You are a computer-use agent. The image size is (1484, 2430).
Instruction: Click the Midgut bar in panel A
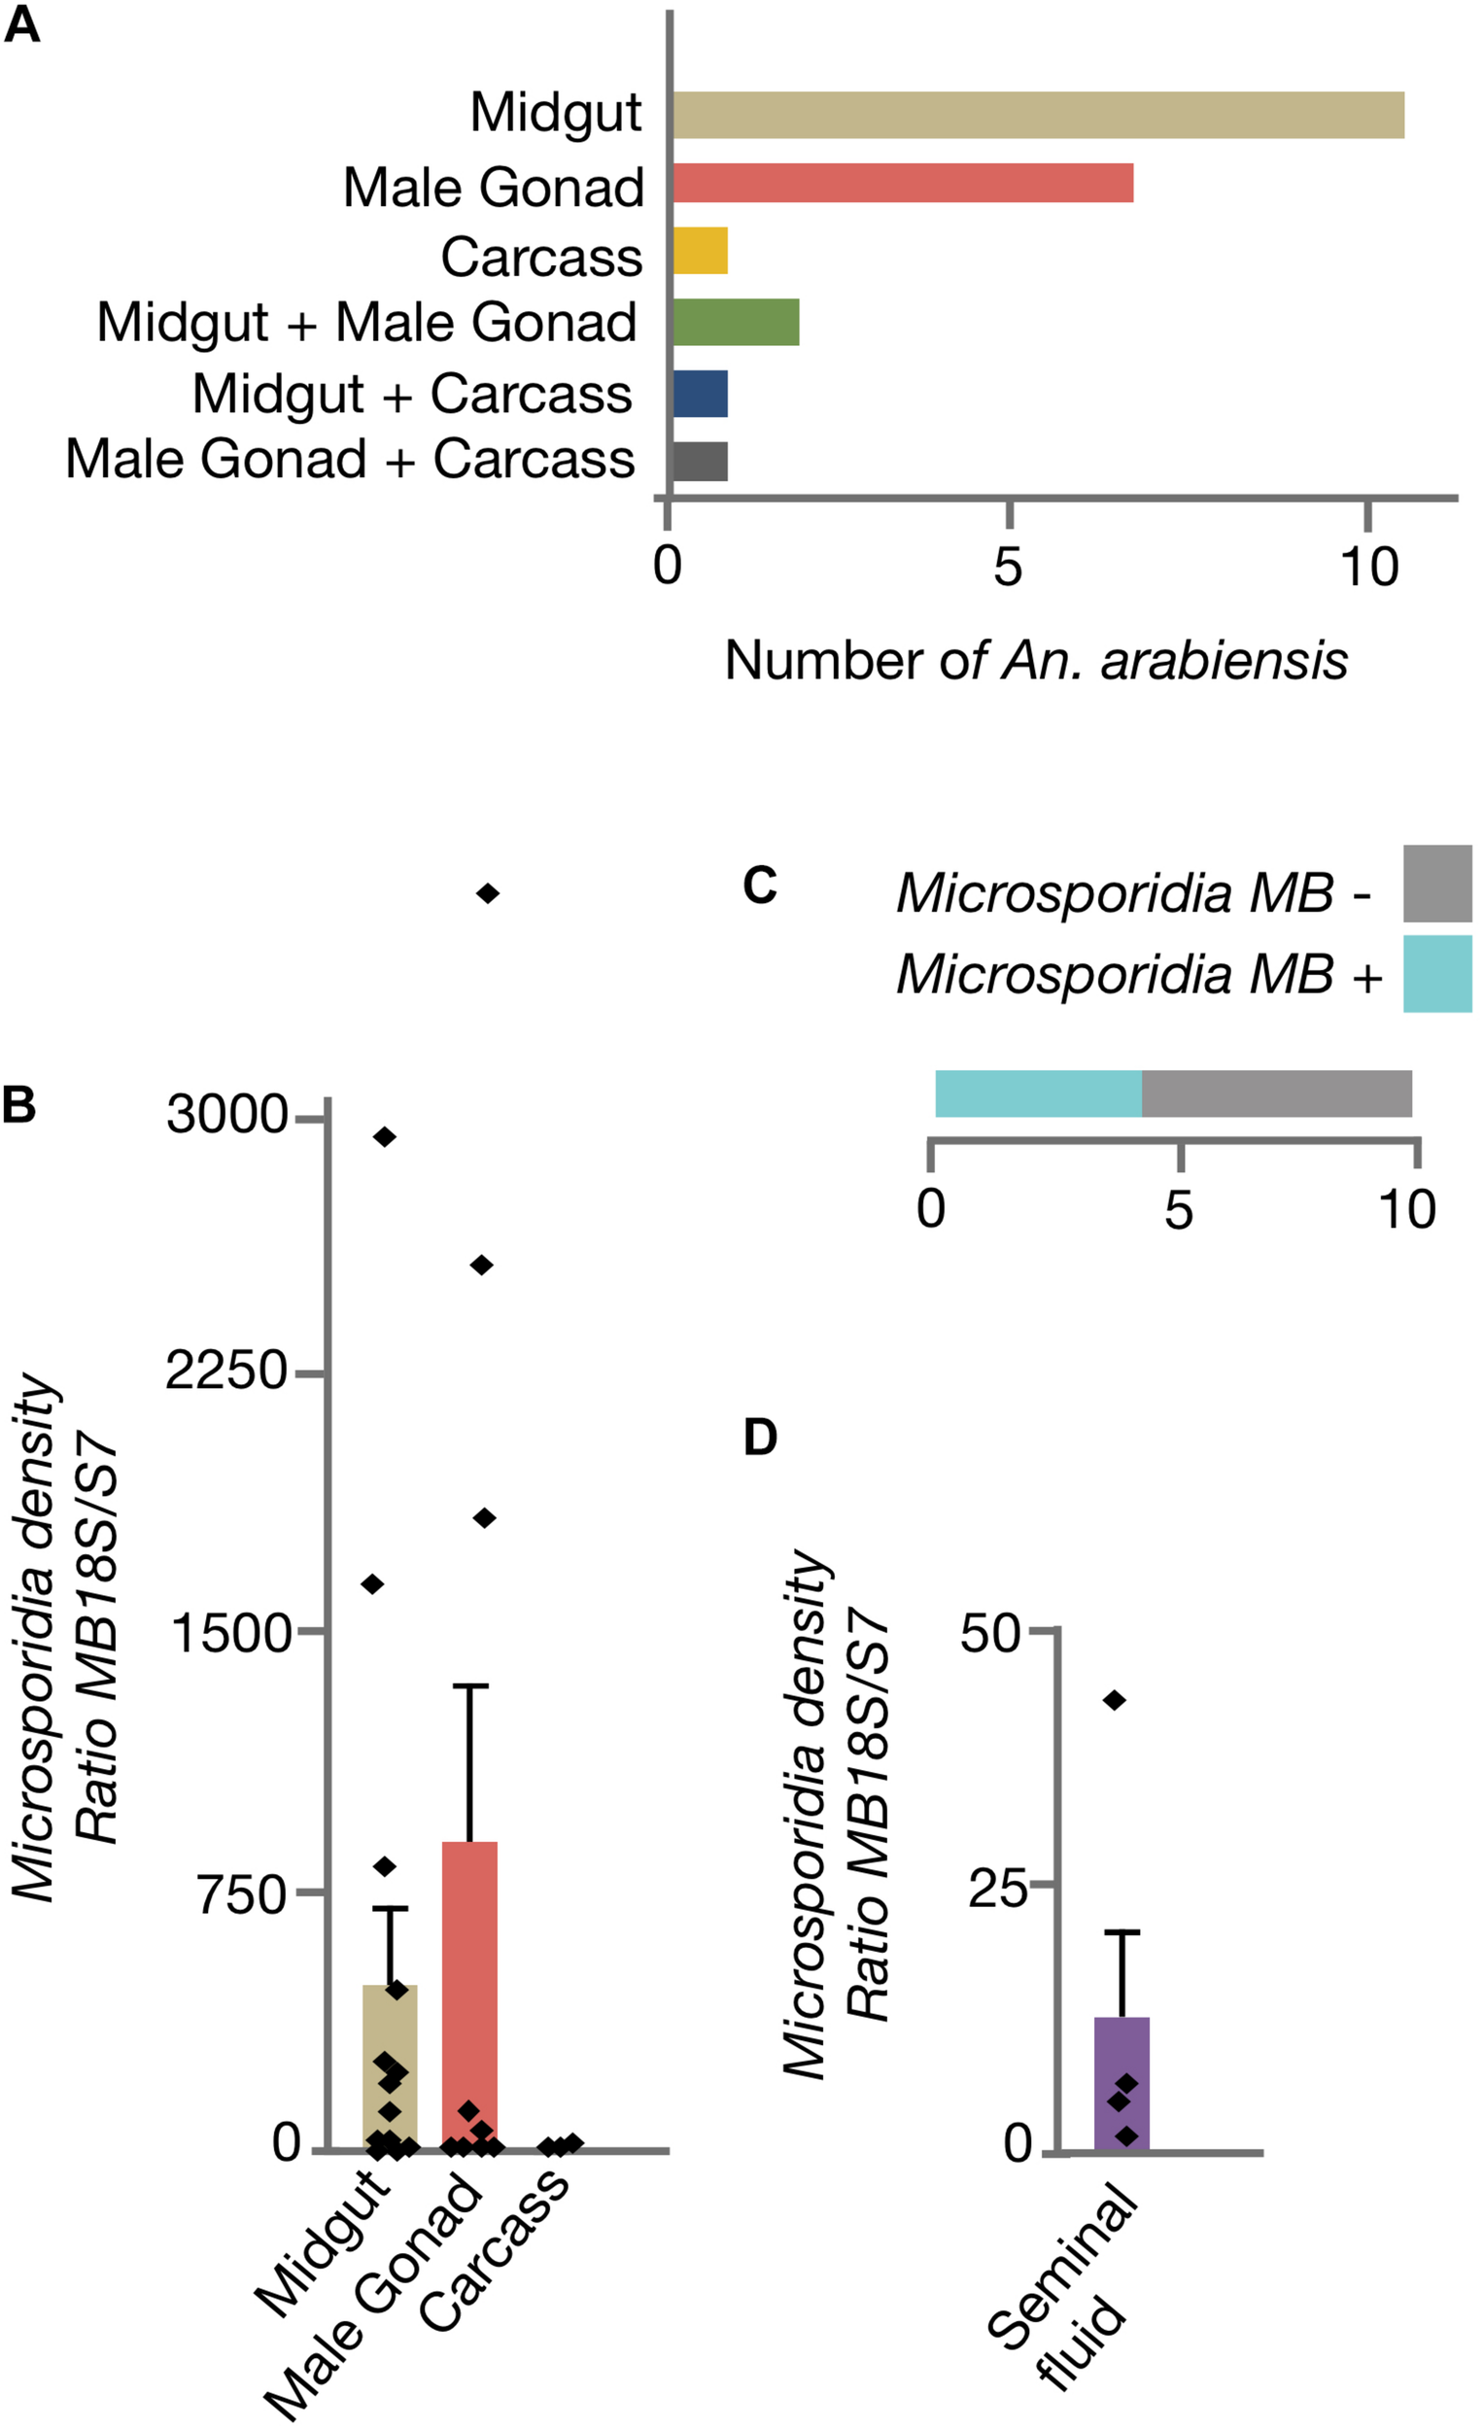coord(1037,115)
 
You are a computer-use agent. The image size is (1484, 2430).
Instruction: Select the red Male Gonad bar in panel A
coord(902,184)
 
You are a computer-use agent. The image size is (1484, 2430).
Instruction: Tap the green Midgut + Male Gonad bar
coord(736,322)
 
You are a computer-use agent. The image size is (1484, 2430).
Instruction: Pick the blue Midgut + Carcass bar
coord(700,394)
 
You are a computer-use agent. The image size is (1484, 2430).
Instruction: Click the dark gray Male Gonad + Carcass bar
coord(700,461)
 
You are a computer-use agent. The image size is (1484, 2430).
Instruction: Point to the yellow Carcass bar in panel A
coord(700,251)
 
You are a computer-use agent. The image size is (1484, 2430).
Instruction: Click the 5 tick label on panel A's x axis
coord(1007,567)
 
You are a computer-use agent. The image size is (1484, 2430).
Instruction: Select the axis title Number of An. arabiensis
coord(1035,661)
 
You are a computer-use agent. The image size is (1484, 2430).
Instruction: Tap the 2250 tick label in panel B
coord(225,1371)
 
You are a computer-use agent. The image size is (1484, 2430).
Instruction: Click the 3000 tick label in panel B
coord(225,1116)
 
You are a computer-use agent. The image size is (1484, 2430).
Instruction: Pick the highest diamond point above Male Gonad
coord(487,893)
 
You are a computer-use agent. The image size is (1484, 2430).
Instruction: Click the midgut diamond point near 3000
coord(385,1137)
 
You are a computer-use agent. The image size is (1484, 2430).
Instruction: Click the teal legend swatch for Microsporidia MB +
coord(1436,973)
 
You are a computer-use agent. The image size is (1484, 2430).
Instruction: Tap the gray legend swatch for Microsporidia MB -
coord(1436,883)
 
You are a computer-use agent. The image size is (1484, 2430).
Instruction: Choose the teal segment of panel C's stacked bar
coord(1037,1093)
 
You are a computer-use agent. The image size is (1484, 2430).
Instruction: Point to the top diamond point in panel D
coord(1115,1700)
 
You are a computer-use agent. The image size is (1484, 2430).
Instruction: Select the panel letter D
coord(759,1438)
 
